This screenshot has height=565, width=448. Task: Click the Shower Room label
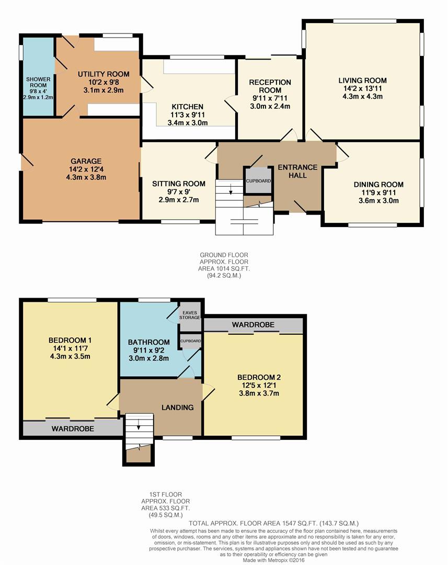click(x=37, y=83)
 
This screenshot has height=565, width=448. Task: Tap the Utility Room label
click(x=104, y=74)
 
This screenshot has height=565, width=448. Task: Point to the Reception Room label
click(x=270, y=86)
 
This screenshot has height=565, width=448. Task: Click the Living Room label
click(x=362, y=81)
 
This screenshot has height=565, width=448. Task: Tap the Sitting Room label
click(x=179, y=184)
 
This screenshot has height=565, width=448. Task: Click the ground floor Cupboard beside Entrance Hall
click(x=259, y=181)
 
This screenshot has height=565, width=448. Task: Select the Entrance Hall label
click(x=297, y=171)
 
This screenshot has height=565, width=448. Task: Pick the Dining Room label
click(x=378, y=184)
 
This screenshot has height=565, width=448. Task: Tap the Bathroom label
click(x=149, y=343)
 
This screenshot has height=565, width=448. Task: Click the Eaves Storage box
click(x=189, y=314)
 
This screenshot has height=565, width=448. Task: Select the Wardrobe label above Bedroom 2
click(x=253, y=325)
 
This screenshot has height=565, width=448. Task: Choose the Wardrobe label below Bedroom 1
click(x=73, y=428)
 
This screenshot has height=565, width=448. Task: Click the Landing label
click(x=177, y=408)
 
